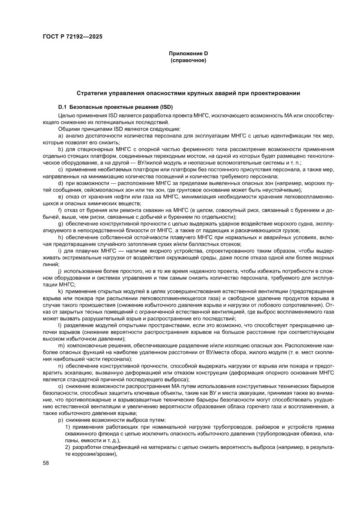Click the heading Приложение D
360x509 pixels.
click(x=188, y=53)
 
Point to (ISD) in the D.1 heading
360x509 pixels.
click(x=167, y=107)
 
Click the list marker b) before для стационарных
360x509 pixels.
click(x=61, y=149)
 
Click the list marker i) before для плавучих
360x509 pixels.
click(x=60, y=251)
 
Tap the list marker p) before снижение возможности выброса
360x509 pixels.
click(x=61, y=419)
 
